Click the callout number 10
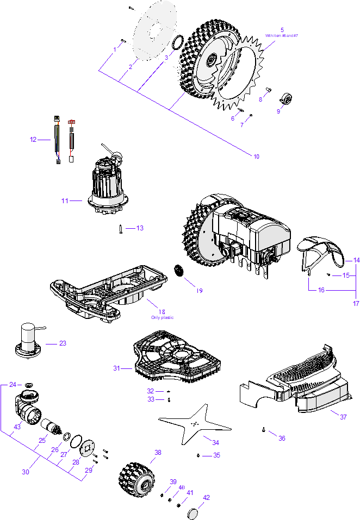(x=256, y=156)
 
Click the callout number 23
(x=63, y=343)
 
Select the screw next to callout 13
(x=120, y=229)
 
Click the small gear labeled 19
(x=177, y=270)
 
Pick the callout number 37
(x=343, y=417)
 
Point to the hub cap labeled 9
(x=285, y=99)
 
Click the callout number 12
(x=33, y=140)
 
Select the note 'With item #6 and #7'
(x=281, y=35)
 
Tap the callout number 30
(x=26, y=472)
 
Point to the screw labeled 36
(x=264, y=430)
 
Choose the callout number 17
(x=356, y=303)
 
